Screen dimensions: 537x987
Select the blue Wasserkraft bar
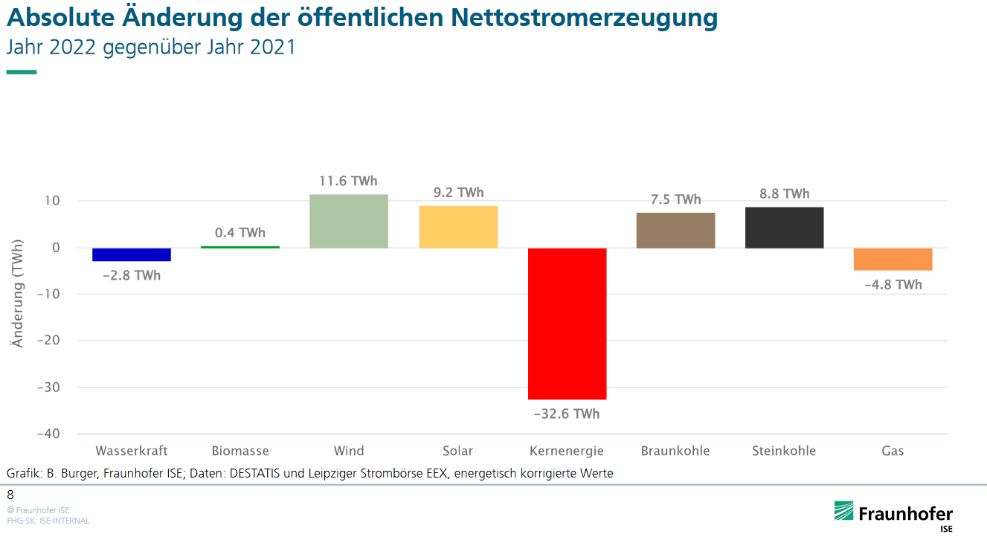132,254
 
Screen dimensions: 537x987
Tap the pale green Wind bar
349,221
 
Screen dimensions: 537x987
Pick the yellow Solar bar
458,227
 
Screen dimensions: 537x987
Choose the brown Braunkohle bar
675,231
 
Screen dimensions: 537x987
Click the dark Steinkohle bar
784,228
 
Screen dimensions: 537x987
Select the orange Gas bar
893,260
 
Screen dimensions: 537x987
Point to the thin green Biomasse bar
240,247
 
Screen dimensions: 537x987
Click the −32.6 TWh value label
567,414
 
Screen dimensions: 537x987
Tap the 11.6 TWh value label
349,181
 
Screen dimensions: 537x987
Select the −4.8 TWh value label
893,285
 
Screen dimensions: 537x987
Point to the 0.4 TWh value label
240,233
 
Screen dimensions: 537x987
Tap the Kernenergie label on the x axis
567,451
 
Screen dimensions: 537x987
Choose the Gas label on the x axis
893,451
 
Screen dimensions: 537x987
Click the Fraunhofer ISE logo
893,515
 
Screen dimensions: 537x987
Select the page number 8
10,495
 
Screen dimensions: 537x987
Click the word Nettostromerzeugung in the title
584,18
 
